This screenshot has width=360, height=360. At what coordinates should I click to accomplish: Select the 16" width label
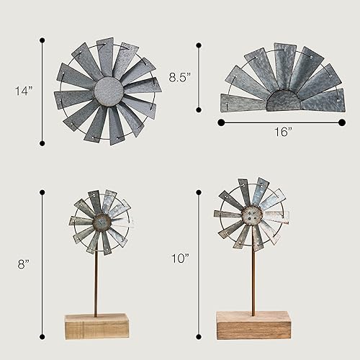pos(283,132)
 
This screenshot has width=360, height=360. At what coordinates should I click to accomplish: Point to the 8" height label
pos(24,264)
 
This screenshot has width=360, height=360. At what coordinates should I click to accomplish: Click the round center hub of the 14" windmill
pos(109,91)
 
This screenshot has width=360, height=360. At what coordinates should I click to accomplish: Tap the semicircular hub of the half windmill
pos(283,102)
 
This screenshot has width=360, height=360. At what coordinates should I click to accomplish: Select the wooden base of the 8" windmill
pos(96,326)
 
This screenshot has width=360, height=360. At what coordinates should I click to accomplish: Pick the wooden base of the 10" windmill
pos(253,325)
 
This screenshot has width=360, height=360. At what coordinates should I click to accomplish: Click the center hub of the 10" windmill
pos(252,215)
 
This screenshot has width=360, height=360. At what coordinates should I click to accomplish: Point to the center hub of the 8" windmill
pos(101,222)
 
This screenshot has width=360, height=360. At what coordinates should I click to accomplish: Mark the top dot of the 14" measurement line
pos(42,41)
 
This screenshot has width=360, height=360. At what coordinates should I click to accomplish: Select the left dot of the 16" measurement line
pos(220,122)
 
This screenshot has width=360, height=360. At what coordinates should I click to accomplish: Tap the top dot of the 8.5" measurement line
pos(199,45)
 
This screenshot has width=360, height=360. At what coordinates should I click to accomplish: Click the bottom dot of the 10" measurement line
pos(199,336)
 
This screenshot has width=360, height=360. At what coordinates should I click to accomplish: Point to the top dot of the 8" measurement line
pos(42,192)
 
